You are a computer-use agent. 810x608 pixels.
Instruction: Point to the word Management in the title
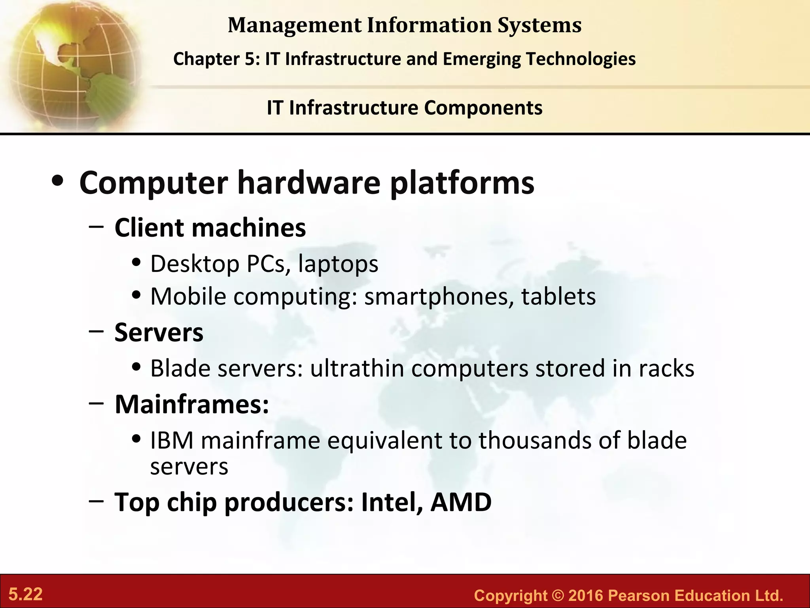(295, 25)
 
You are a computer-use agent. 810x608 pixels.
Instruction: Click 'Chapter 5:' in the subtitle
(216, 59)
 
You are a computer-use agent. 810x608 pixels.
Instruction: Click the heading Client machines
(210, 228)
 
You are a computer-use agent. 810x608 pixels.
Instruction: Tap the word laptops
(338, 264)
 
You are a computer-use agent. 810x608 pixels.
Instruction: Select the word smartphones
(435, 296)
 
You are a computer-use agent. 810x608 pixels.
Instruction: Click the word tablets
(558, 296)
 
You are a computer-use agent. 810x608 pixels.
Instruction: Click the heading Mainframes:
(192, 404)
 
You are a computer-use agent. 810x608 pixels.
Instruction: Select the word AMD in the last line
(461, 502)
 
